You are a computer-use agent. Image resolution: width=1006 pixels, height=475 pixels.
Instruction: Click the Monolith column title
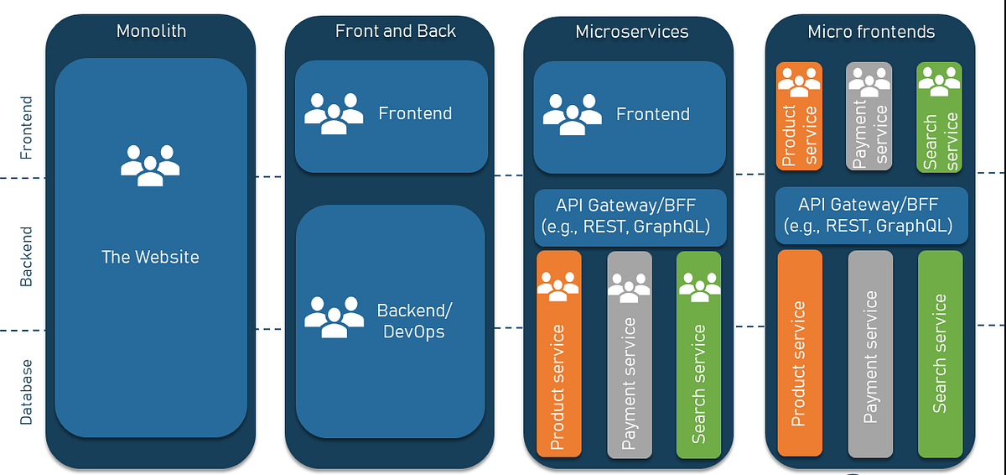[151, 32]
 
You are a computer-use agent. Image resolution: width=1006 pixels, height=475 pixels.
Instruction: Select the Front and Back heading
[396, 31]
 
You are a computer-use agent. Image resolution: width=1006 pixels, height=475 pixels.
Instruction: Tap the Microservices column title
[631, 32]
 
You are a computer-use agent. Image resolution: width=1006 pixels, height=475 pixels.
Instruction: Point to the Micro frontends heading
[871, 32]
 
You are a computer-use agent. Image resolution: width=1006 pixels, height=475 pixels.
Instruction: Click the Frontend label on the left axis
[27, 128]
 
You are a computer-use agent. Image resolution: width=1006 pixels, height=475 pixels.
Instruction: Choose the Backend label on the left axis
[27, 257]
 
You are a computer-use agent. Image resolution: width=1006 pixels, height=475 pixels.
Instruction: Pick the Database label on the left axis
[27, 392]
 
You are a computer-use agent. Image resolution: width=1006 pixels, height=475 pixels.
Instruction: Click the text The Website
[151, 257]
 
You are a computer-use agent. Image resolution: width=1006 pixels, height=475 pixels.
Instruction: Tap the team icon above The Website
[150, 165]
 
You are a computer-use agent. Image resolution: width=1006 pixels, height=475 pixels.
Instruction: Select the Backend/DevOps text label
[414, 321]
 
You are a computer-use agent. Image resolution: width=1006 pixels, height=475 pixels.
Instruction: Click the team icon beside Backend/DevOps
[334, 316]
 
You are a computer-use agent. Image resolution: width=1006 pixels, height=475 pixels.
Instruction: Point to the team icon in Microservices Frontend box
[573, 113]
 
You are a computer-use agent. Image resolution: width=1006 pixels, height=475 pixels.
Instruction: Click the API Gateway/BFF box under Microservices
[628, 216]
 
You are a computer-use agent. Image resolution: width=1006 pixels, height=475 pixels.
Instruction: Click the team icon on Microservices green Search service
[698, 287]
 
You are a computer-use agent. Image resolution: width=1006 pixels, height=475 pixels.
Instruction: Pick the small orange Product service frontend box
[799, 116]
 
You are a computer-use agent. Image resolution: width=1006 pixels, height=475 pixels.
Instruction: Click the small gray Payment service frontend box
[869, 116]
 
